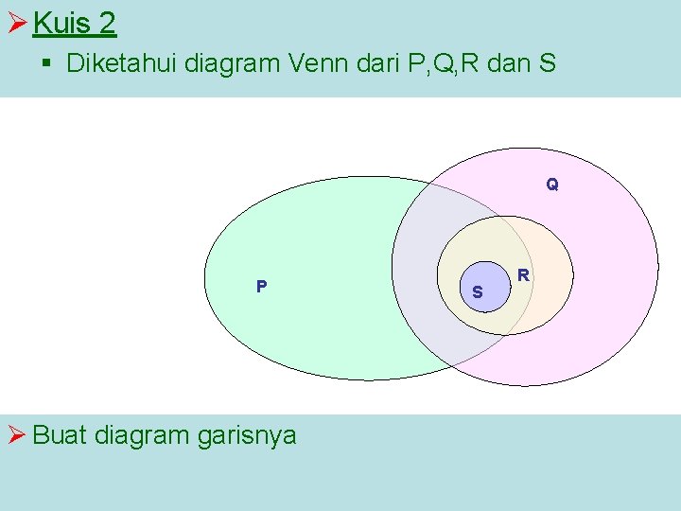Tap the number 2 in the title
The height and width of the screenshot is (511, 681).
coord(107,23)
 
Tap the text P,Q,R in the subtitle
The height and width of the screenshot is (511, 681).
coord(451,65)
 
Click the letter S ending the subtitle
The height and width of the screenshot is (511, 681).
coord(548,65)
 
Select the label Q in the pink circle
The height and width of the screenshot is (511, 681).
coord(552,185)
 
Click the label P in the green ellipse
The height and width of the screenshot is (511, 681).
coord(261,286)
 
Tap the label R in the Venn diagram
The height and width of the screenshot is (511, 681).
coord(522,275)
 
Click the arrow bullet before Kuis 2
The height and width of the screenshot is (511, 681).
coord(15,23)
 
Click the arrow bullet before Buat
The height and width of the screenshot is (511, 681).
coord(15,435)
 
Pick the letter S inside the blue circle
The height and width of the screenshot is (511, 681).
coord(478,292)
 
